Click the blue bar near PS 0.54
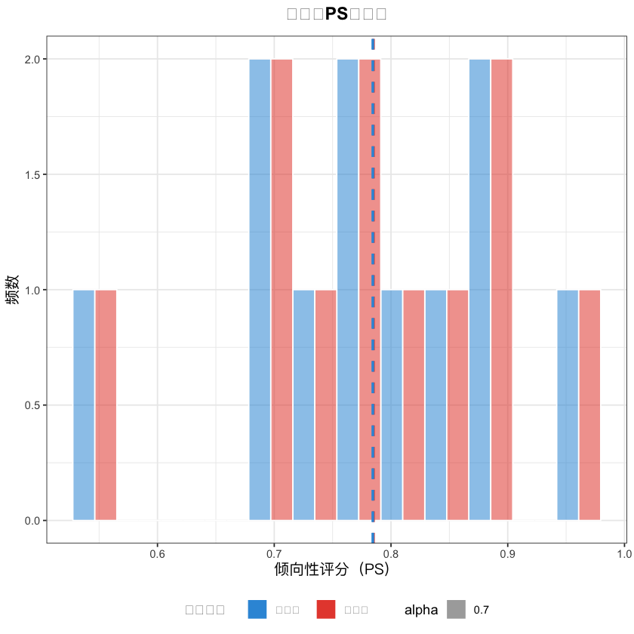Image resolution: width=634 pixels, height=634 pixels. click(84, 405)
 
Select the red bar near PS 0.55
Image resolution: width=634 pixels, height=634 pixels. click(106, 405)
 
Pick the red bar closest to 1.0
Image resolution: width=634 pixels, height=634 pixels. click(589, 405)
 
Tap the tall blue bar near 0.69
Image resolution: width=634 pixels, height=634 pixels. click(260, 290)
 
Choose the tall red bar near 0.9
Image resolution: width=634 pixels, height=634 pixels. click(501, 290)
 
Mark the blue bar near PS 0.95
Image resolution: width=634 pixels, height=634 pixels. click(568, 405)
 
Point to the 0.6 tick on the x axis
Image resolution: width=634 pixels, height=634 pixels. click(157, 555)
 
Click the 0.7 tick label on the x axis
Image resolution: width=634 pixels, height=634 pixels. click(274, 555)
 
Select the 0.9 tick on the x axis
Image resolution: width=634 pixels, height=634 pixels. click(507, 555)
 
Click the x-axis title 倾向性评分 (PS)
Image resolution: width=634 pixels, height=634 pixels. click(331, 571)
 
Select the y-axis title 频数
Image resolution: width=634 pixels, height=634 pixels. click(13, 290)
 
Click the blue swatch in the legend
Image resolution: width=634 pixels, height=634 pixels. click(257, 609)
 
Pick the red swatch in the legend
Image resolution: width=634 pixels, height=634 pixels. click(325, 609)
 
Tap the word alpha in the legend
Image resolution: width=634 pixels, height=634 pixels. click(421, 609)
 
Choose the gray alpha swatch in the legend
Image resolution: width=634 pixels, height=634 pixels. click(456, 609)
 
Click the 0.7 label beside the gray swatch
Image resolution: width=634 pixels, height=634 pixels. click(482, 609)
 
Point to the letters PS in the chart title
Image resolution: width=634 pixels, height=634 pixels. click(336, 14)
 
